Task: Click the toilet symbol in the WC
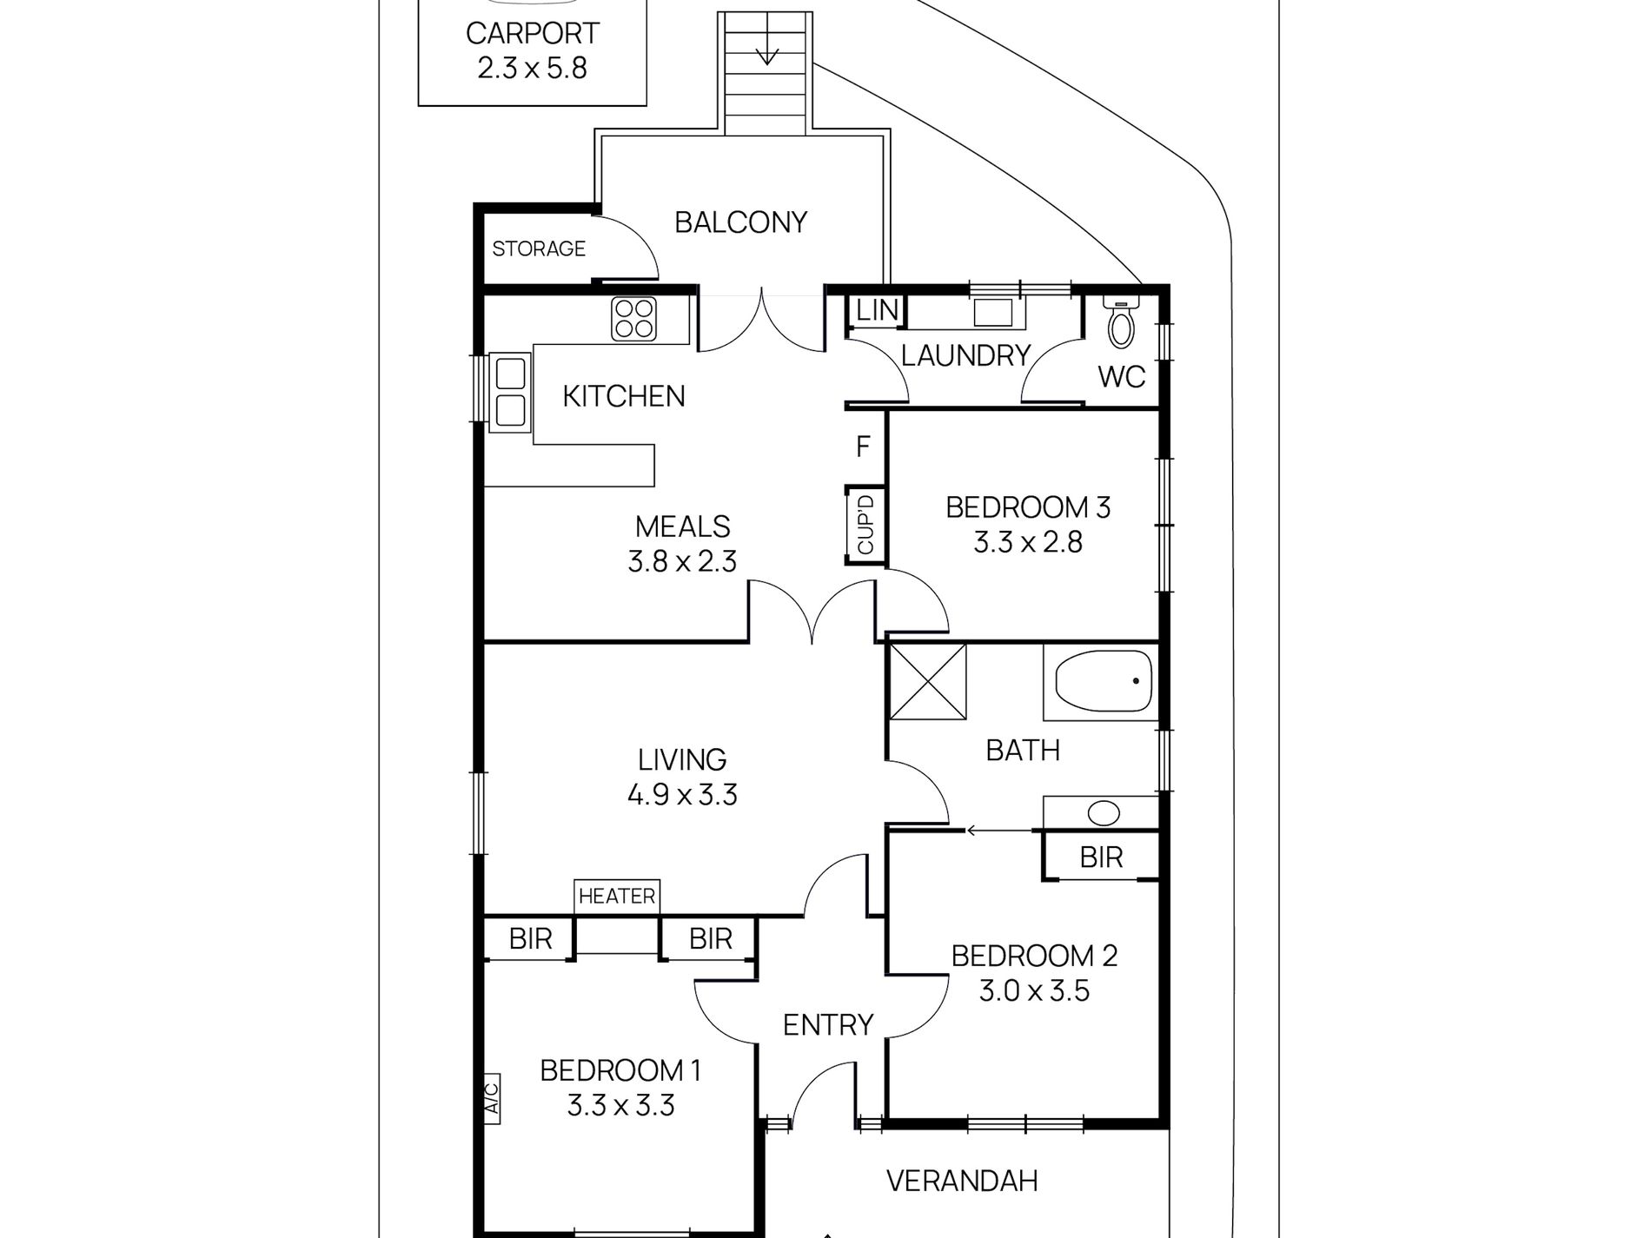1121,322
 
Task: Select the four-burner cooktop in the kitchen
633,318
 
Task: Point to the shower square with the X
928,681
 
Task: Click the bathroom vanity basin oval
1104,814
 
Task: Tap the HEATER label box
617,896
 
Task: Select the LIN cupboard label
877,310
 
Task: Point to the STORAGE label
539,249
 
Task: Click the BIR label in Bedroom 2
1101,857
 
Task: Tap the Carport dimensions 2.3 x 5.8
533,68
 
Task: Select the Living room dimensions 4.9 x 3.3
682,795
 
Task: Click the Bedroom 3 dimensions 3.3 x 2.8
1028,543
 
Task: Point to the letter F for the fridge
863,447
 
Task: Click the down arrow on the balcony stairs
766,53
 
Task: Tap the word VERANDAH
962,1181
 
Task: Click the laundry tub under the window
992,312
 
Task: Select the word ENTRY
827,1025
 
